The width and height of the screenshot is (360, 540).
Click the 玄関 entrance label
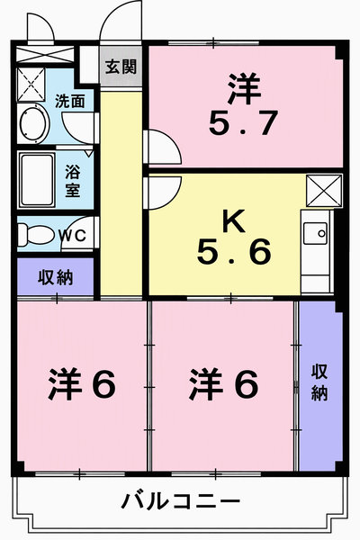coord(121,67)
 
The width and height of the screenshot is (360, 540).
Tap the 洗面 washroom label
coord(70,101)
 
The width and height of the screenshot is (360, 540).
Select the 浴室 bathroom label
coord(73,181)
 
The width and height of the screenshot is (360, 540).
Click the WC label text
coord(72,235)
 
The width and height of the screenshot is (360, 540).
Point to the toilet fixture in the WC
coord(35,235)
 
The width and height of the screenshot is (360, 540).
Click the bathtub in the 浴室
coord(37,180)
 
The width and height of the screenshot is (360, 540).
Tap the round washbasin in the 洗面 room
coord(34,123)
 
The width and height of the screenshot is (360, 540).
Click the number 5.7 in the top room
coord(243,122)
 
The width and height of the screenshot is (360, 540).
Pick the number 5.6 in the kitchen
coord(234,252)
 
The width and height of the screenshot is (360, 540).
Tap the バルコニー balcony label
coord(181,500)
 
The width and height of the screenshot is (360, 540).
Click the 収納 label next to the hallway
coord(56,277)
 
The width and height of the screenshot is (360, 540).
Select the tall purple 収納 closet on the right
coord(320,386)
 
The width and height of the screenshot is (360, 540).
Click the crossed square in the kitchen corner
coord(324,191)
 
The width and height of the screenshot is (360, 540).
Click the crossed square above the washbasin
coord(31,85)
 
